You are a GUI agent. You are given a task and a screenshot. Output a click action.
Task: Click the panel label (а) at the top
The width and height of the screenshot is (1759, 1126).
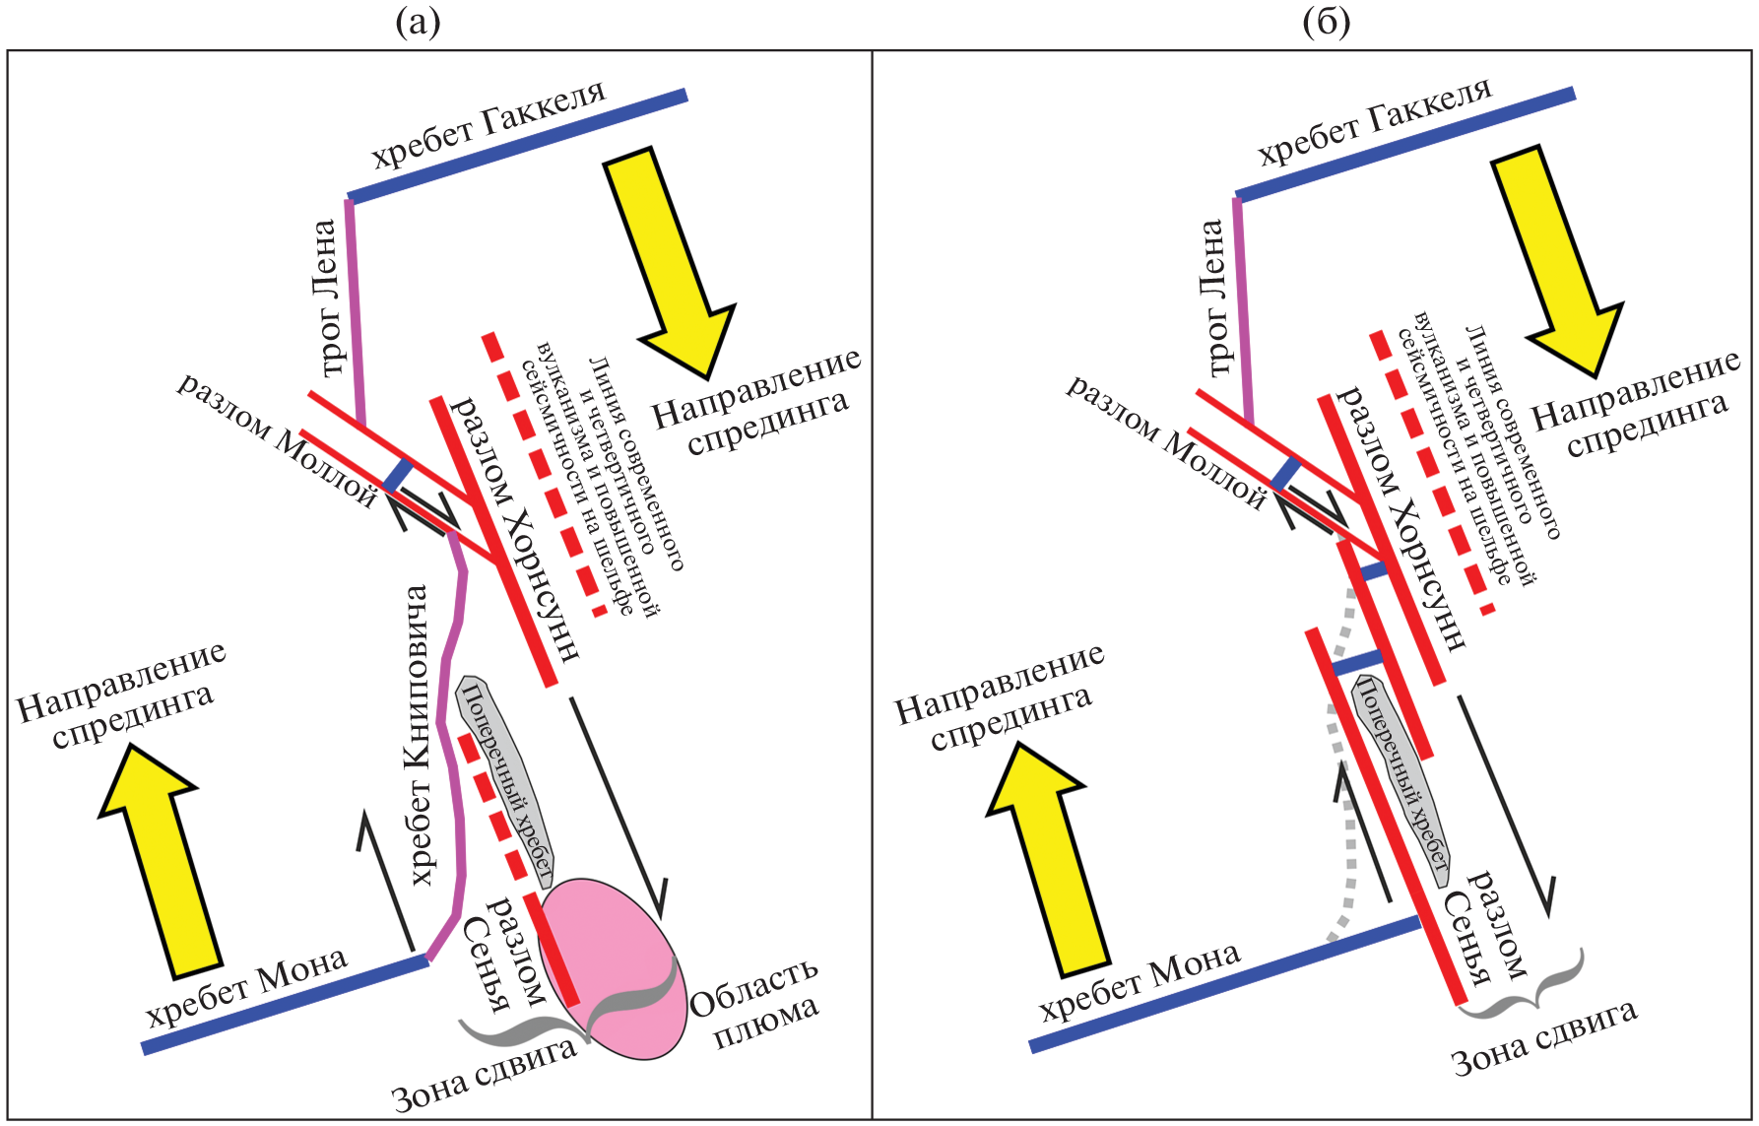coord(418,21)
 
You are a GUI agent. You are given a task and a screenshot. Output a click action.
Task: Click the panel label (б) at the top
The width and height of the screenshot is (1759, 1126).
coord(1326,21)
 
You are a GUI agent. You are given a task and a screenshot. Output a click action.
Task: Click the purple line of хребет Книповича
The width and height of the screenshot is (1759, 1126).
coord(455,749)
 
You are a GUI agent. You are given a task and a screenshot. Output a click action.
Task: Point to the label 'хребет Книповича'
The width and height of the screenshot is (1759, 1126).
coord(420,734)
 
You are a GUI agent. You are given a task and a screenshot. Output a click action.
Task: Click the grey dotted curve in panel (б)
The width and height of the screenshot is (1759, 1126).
coord(1344,788)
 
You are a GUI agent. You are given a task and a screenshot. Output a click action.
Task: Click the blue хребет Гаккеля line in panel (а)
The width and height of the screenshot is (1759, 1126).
coord(517,148)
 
